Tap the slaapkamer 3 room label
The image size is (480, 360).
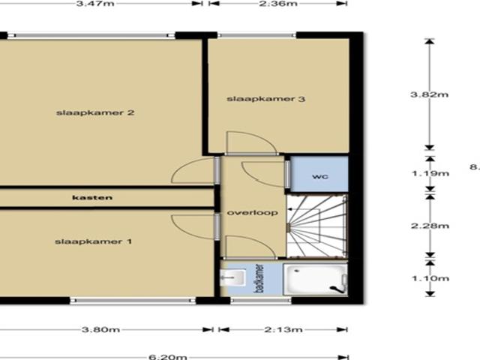256,99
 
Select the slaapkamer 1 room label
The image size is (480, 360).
94,241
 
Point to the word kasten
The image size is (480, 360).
92,198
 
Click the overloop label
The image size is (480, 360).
253,213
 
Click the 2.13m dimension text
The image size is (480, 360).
283,328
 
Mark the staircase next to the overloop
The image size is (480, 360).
319,226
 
